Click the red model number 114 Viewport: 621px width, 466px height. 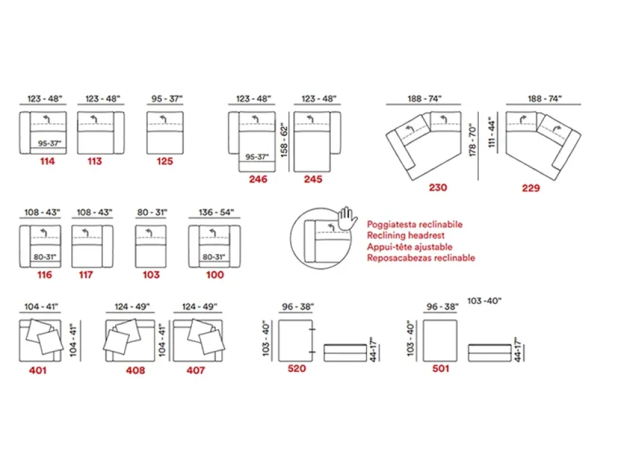coord(47,161)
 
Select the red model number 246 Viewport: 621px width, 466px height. coord(258,179)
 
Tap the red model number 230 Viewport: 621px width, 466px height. coord(438,188)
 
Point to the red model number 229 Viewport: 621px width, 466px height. coord(531,188)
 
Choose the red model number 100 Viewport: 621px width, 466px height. coord(214,275)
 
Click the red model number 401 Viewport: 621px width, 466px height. coord(38,370)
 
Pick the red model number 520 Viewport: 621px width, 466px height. coord(296,369)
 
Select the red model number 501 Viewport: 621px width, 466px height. coord(440,369)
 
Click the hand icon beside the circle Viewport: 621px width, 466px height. coord(347,218)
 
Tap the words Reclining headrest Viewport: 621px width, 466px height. coord(405,235)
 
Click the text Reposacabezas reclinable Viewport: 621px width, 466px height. coord(421,258)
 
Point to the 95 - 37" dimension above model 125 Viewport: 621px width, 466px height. coord(166,98)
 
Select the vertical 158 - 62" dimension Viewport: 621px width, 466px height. coord(284,140)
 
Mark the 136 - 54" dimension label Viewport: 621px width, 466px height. coord(216,213)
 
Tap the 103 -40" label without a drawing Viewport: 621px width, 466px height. coord(485,301)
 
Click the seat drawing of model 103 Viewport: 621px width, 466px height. coord(150,246)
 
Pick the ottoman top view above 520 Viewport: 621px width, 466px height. coord(295,341)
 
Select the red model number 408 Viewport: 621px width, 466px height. coord(136,370)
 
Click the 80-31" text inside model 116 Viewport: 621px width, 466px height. coord(45,257)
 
